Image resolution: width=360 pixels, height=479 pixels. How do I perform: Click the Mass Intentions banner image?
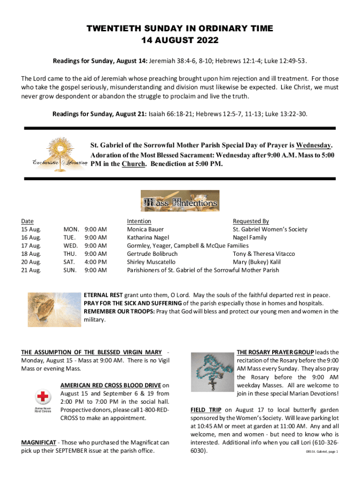click(x=180, y=201)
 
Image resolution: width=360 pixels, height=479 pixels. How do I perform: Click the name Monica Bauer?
click(x=145, y=229)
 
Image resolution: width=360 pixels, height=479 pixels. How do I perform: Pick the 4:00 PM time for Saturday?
click(x=95, y=262)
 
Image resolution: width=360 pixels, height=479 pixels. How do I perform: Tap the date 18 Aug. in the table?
click(x=31, y=254)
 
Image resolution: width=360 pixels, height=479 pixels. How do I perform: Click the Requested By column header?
click(x=251, y=221)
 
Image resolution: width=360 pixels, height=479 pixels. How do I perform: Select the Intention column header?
click(x=139, y=221)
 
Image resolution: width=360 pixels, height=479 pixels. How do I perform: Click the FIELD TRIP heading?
click(x=205, y=410)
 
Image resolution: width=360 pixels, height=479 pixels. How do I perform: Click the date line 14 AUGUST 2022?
click(x=180, y=40)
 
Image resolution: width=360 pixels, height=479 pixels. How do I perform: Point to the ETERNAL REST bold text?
click(x=103, y=295)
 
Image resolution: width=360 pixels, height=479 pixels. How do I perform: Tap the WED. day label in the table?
click(x=71, y=246)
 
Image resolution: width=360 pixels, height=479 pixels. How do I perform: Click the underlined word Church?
click(x=133, y=164)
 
